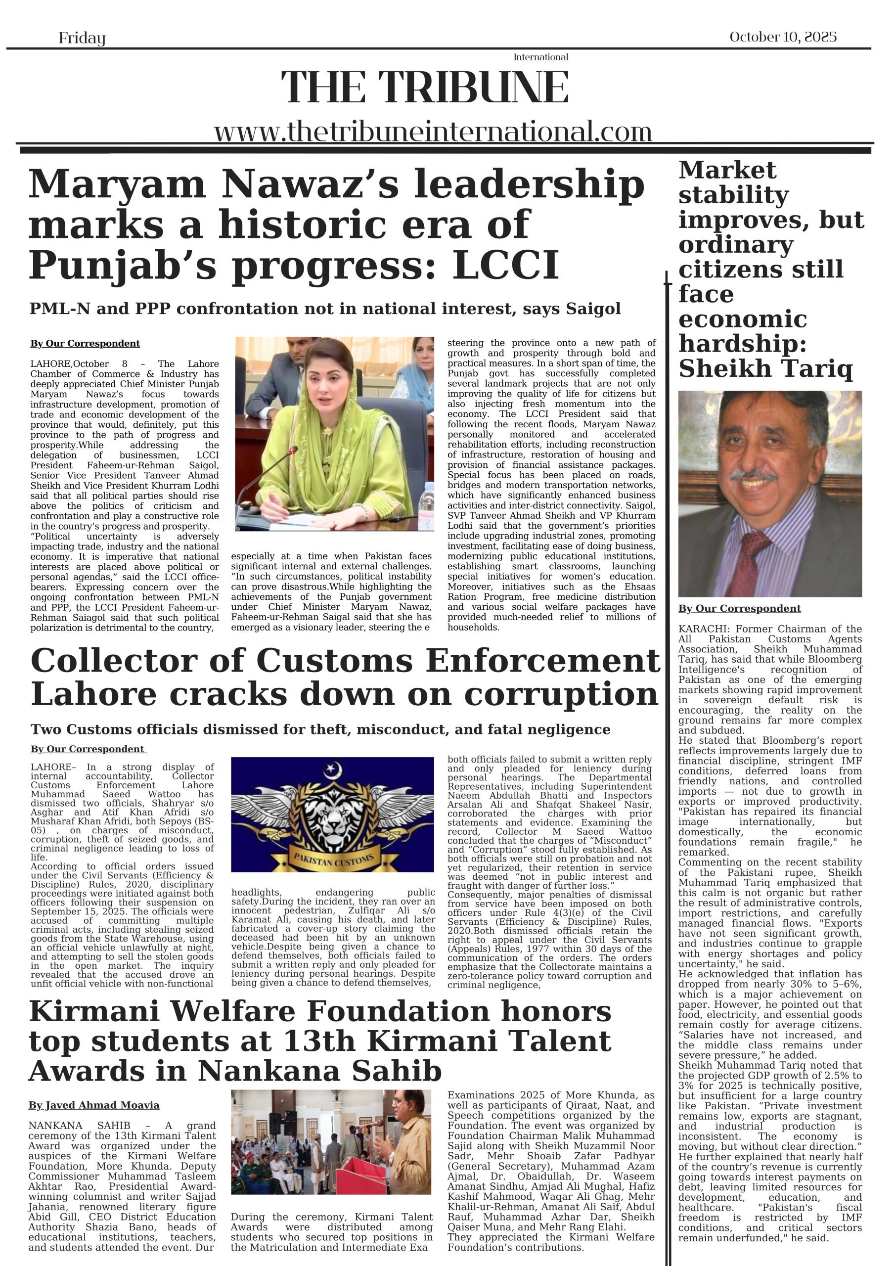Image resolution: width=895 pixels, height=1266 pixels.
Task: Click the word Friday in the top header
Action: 82,38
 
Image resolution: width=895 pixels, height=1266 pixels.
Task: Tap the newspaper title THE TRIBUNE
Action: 424,87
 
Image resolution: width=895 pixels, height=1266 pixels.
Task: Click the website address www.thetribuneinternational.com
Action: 433,133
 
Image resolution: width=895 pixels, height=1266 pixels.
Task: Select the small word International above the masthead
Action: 540,57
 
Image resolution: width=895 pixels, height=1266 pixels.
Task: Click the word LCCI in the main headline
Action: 506,266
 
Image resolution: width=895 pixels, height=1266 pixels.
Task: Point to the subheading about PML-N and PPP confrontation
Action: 325,309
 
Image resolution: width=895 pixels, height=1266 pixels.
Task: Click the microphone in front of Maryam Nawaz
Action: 293,451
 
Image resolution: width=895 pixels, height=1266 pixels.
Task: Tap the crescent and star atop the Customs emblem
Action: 332,768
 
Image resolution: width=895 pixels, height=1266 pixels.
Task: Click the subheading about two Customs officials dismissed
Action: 320,730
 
